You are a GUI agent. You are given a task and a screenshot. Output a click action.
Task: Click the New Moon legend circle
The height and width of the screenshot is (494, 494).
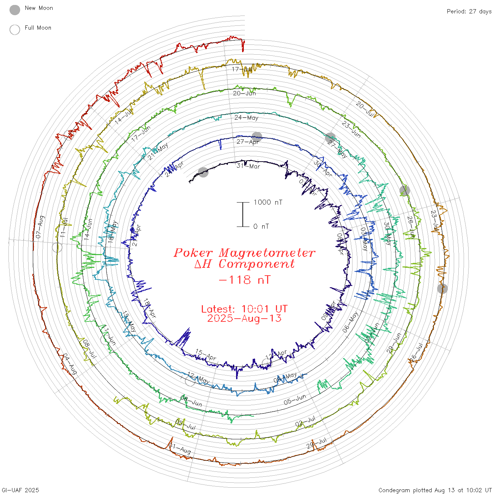[x=15, y=10]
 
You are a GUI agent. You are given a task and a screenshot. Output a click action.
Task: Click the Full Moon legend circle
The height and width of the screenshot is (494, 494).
[x=15, y=30]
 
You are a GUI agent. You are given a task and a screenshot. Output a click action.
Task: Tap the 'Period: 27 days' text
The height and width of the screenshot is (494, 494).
[x=469, y=11]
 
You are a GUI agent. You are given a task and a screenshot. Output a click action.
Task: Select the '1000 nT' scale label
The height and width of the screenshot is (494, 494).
[x=268, y=202]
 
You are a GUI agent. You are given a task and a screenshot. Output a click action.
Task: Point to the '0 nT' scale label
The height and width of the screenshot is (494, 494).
[x=261, y=227]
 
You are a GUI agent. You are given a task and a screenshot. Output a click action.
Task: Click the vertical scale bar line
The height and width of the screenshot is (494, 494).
[x=243, y=214]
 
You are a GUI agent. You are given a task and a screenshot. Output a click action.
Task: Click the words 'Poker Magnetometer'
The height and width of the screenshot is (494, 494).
[x=244, y=253]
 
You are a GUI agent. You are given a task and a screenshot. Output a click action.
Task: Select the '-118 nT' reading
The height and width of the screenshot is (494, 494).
[x=244, y=280]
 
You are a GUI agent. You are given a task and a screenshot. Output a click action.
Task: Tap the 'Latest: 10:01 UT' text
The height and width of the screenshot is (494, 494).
[x=244, y=309]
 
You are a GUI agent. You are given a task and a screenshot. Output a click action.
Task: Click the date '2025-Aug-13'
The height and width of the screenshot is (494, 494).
[x=244, y=318]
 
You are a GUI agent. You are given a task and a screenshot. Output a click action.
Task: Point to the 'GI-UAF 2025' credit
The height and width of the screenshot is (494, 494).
[x=20, y=490]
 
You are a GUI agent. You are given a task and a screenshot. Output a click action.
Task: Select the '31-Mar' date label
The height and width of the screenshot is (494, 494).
[x=248, y=166]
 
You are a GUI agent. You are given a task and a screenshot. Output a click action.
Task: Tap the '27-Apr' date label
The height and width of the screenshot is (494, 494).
[x=248, y=142]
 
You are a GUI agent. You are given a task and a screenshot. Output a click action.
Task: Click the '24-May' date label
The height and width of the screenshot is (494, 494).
[x=246, y=118]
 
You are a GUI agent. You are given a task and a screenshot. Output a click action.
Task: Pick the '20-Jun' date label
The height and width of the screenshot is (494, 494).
[x=244, y=94]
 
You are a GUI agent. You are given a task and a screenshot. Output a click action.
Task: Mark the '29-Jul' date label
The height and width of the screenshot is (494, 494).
[x=317, y=443]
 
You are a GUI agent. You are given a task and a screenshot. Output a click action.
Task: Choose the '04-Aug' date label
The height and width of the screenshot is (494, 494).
[x=70, y=364]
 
